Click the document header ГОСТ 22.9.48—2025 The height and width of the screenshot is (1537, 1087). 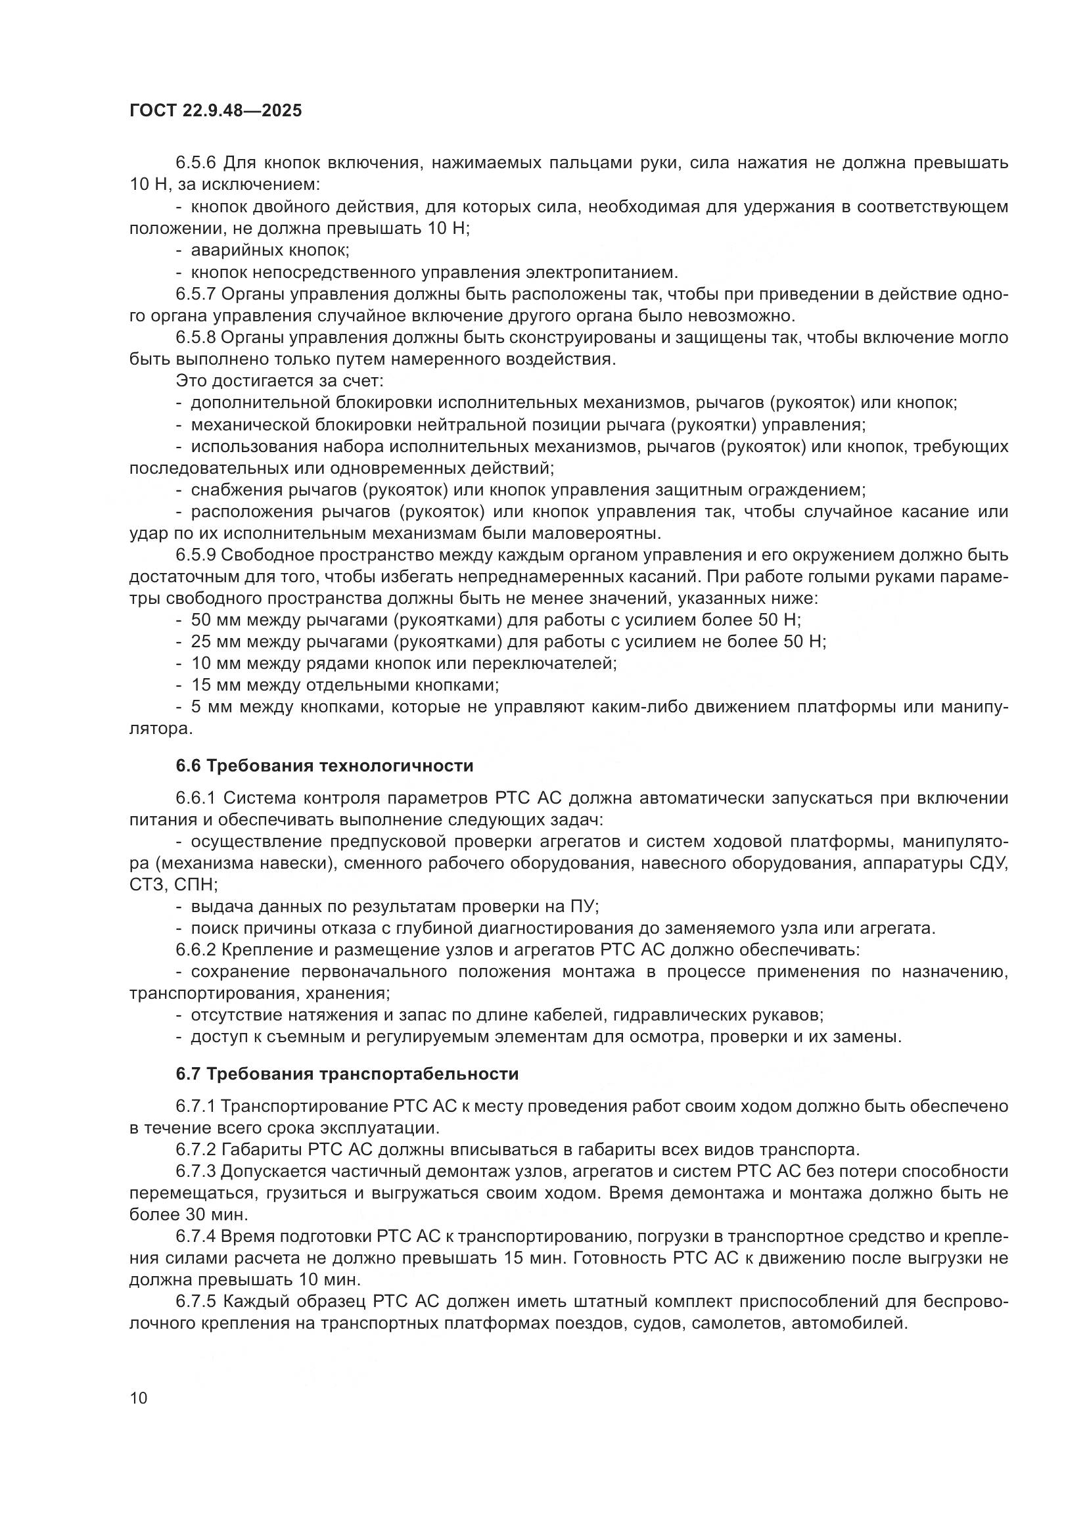coord(215,110)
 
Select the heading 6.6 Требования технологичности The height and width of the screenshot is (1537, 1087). coord(325,766)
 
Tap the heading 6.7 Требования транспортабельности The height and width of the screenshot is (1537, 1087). coord(348,1074)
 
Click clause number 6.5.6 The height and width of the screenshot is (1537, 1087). coord(196,163)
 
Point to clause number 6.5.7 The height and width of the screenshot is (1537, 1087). coord(196,294)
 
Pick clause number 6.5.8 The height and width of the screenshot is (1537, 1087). coord(196,337)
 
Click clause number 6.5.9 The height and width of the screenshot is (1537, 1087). coord(196,555)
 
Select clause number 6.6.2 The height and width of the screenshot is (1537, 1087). coord(196,950)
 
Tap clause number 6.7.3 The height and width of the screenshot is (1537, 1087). coord(196,1172)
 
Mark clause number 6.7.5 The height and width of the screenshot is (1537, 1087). coord(196,1301)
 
